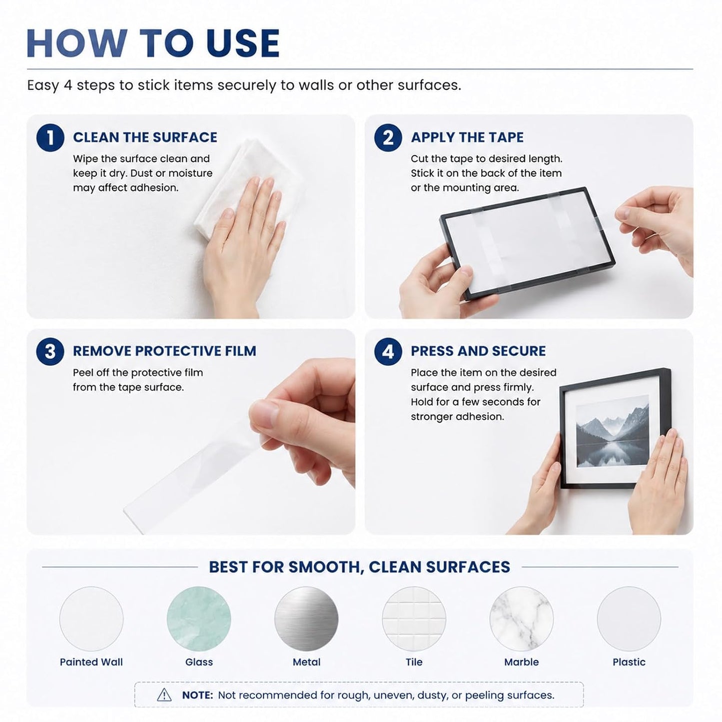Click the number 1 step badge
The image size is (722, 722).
coord(50,137)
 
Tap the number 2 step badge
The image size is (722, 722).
coord(388,137)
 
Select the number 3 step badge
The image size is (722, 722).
coord(50,351)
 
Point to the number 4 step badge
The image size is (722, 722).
coord(388,351)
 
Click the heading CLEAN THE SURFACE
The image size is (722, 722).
coord(145,137)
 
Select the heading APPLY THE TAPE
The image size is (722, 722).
coord(467,137)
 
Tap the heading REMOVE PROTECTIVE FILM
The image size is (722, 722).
coord(164,351)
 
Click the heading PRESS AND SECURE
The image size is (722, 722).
coord(478,351)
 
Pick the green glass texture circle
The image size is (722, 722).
coord(198,619)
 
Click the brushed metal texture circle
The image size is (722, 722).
coord(306,619)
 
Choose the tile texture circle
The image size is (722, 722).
coord(414,619)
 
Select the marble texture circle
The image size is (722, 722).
coord(521,619)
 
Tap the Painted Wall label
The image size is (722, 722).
coord(91,662)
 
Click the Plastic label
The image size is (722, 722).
coord(629,662)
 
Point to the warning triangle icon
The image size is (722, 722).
coord(164,695)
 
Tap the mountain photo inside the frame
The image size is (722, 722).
coord(612,431)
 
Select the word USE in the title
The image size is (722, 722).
coord(242,43)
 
